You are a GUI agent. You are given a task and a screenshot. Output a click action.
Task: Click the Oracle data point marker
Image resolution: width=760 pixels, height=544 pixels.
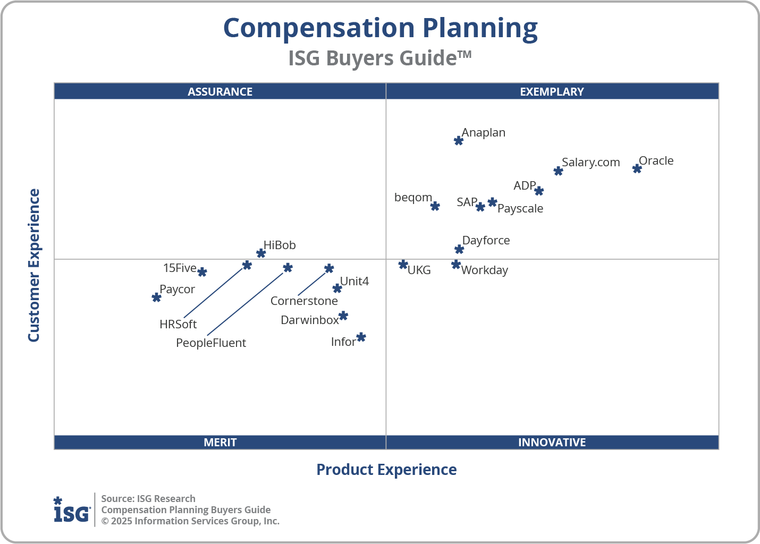(x=637, y=169)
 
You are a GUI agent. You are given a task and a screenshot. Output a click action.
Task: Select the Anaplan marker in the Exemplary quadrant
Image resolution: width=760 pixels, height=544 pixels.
(x=459, y=141)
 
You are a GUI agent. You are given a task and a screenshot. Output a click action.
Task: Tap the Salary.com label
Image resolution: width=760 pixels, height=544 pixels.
(x=590, y=163)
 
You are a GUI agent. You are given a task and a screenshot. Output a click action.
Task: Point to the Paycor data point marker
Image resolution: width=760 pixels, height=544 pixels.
(x=156, y=297)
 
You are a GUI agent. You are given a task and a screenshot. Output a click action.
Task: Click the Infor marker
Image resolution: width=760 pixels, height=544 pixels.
(x=361, y=337)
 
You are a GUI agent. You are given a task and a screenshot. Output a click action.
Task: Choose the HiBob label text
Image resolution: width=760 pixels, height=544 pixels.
(x=280, y=245)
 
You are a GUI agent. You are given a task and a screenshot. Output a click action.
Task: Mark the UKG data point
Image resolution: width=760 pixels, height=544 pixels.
(x=403, y=265)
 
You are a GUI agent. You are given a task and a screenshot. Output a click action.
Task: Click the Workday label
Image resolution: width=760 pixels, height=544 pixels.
(x=484, y=270)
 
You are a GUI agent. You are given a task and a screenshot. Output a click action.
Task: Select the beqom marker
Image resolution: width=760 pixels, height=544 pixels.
(x=435, y=206)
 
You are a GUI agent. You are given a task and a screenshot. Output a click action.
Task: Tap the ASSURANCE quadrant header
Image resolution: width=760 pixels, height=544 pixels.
(x=220, y=91)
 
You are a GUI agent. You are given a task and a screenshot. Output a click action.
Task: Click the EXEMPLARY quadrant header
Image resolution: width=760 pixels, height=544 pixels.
(x=552, y=91)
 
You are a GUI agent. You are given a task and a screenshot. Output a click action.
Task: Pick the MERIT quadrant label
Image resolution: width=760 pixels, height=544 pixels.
(x=220, y=443)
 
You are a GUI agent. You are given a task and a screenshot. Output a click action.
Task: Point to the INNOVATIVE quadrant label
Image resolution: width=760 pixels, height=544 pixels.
(x=552, y=443)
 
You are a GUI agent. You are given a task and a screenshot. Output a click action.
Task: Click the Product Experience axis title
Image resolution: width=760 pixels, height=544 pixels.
(x=386, y=470)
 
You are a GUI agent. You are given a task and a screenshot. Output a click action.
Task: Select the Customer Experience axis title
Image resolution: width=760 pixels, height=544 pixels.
(x=34, y=266)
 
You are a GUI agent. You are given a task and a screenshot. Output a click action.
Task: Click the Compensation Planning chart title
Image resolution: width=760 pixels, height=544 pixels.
(x=380, y=28)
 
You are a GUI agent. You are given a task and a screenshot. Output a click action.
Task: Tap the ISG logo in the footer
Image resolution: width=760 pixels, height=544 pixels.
(x=72, y=510)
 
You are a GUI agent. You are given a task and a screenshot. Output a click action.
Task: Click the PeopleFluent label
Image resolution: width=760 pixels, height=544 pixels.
(x=211, y=343)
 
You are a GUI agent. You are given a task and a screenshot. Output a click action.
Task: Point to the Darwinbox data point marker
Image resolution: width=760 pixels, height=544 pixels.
(x=343, y=316)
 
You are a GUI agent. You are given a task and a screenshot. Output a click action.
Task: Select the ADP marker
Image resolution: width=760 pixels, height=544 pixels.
(x=539, y=191)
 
